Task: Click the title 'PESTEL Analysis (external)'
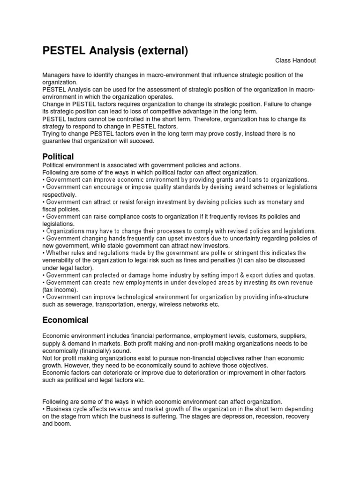click(x=115, y=51)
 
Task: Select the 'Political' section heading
click(x=58, y=156)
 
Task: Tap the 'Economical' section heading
click(x=65, y=320)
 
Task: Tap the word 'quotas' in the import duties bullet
click(x=305, y=275)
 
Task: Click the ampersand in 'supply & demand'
click(x=62, y=343)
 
